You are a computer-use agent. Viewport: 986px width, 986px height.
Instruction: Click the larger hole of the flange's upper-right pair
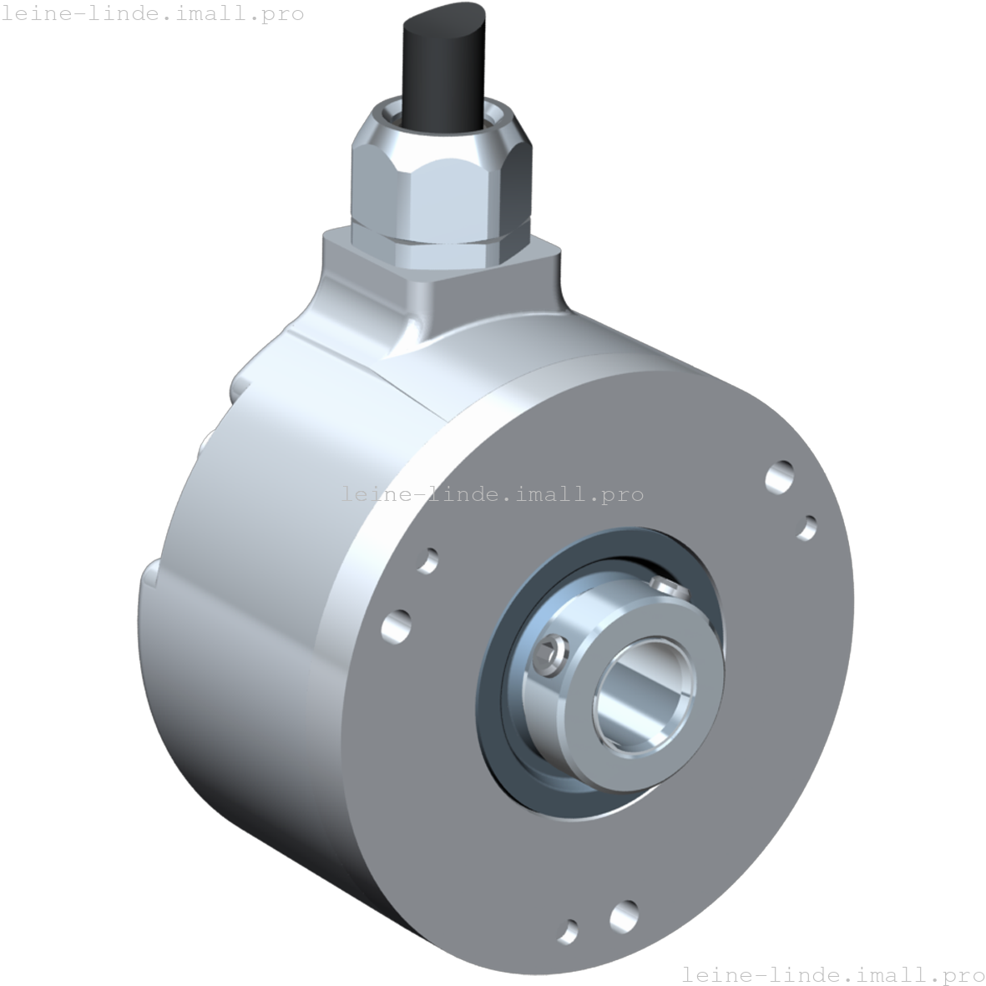(781, 477)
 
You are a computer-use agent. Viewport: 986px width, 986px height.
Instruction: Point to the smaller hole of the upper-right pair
(808, 527)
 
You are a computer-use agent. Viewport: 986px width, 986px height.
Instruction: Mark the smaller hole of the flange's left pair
(427, 560)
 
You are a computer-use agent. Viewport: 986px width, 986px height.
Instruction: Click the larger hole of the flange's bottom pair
(624, 915)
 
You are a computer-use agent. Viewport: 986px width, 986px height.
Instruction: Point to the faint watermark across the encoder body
(493, 493)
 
